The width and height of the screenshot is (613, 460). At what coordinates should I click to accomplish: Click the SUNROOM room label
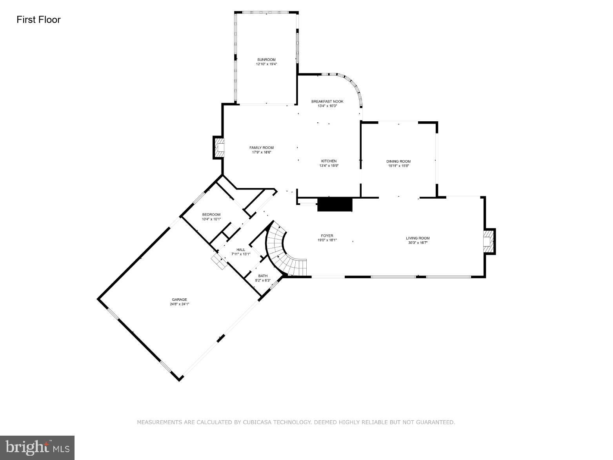pyautogui.click(x=266, y=60)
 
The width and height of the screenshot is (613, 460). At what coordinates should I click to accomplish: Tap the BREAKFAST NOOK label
pyautogui.click(x=327, y=101)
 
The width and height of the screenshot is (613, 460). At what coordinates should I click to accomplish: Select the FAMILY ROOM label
pyautogui.click(x=262, y=148)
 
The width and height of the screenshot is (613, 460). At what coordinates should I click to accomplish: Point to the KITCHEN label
pyautogui.click(x=329, y=161)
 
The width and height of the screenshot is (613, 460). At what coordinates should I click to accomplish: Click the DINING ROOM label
pyautogui.click(x=398, y=161)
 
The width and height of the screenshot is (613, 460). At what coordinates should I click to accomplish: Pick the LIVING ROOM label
pyautogui.click(x=418, y=238)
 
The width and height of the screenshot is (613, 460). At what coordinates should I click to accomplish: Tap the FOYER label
pyautogui.click(x=327, y=236)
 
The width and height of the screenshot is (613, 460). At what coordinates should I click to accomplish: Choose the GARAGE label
pyautogui.click(x=179, y=299)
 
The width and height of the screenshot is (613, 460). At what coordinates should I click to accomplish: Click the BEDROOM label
pyautogui.click(x=211, y=214)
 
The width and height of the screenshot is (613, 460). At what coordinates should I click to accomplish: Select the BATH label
pyautogui.click(x=263, y=276)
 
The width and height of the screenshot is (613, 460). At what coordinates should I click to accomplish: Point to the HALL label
pyautogui.click(x=240, y=250)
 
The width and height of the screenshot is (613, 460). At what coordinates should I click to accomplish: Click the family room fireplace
pyautogui.click(x=219, y=148)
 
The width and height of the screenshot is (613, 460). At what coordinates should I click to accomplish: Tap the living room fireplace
pyautogui.click(x=488, y=241)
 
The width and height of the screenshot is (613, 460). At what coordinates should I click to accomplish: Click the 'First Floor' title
pyautogui.click(x=38, y=20)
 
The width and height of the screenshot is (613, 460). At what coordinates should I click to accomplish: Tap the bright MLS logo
pyautogui.click(x=37, y=447)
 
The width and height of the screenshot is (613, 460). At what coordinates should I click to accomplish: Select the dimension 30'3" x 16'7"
pyautogui.click(x=418, y=243)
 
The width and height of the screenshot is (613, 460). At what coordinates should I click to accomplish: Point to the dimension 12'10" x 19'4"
pyautogui.click(x=266, y=64)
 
